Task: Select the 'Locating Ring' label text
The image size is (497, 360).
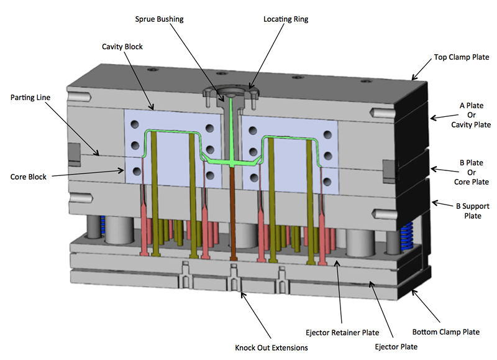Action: pos(286,19)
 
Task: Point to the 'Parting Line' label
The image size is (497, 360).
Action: pos(31,98)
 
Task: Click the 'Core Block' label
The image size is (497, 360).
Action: pos(29,177)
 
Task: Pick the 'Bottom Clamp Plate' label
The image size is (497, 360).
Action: pos(446,332)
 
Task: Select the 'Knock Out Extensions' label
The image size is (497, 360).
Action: pos(271,348)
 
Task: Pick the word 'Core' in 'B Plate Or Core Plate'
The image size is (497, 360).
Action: pos(460,182)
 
